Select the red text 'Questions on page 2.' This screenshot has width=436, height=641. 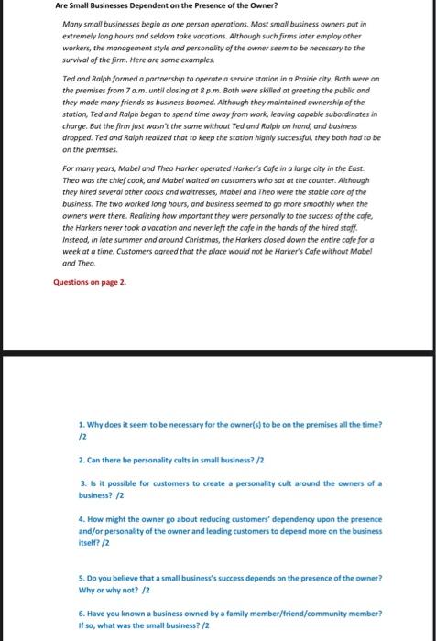click(x=90, y=256)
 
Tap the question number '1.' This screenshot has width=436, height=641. click(x=82, y=424)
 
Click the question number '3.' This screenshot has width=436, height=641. click(x=82, y=482)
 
